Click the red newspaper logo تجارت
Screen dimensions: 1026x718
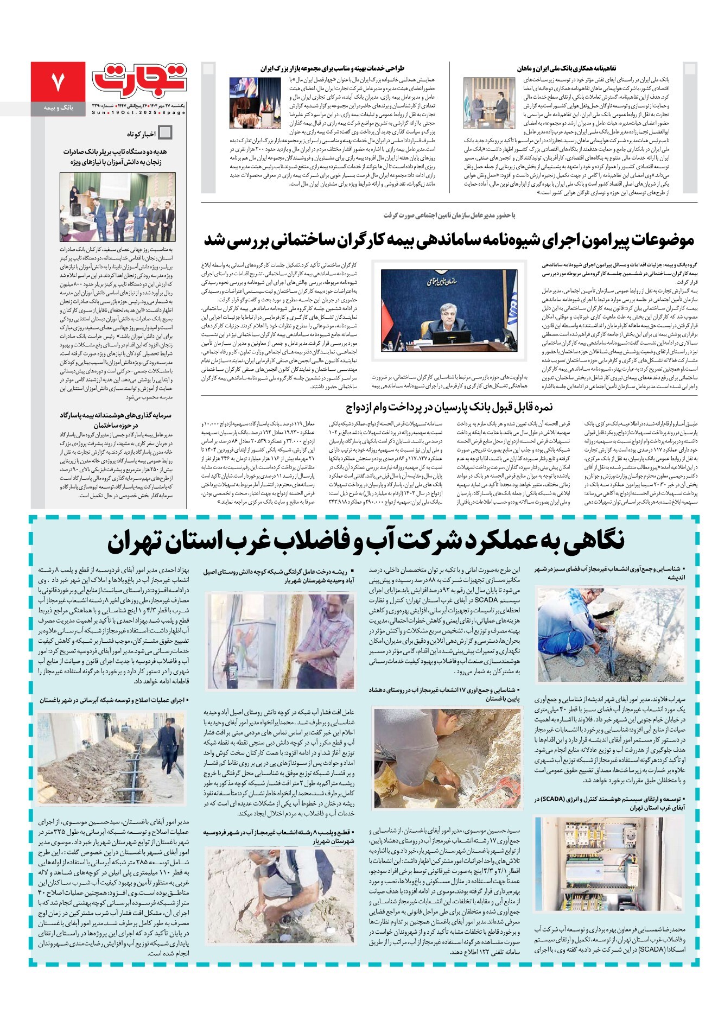pos(140,78)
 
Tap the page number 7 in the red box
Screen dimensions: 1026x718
pos(58,81)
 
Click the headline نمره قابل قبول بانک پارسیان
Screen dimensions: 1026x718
pos(449,407)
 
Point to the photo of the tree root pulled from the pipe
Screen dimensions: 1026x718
pos(281,641)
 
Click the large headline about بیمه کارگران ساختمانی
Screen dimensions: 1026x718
pos(449,239)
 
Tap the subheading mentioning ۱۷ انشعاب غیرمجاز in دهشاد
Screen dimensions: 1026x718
pos(446,694)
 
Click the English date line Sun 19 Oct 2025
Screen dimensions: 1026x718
pos(138,112)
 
